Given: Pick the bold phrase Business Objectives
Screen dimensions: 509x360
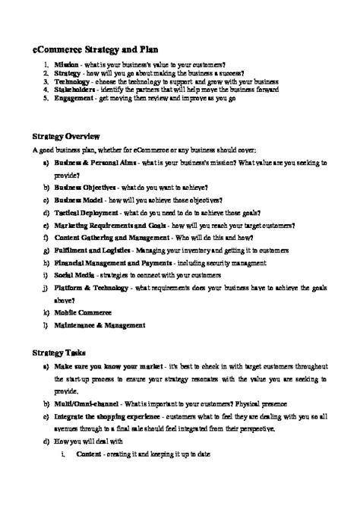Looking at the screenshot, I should pos(84,187).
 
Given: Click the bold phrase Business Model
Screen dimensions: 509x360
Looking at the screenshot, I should pos(79,200).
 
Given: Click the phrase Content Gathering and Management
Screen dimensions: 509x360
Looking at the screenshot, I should pos(109,239).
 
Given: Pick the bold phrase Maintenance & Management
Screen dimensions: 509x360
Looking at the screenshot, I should pos(99,326).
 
